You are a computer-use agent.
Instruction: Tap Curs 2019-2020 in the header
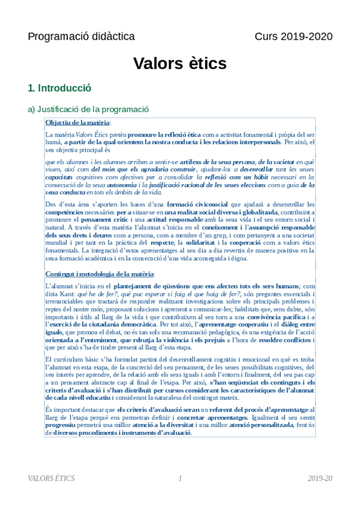(x=293, y=37)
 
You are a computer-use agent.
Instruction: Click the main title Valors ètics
(x=180, y=63)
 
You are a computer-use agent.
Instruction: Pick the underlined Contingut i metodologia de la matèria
(x=99, y=274)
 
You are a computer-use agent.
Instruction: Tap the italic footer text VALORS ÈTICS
(x=52, y=478)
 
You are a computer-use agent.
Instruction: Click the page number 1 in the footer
(x=180, y=478)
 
